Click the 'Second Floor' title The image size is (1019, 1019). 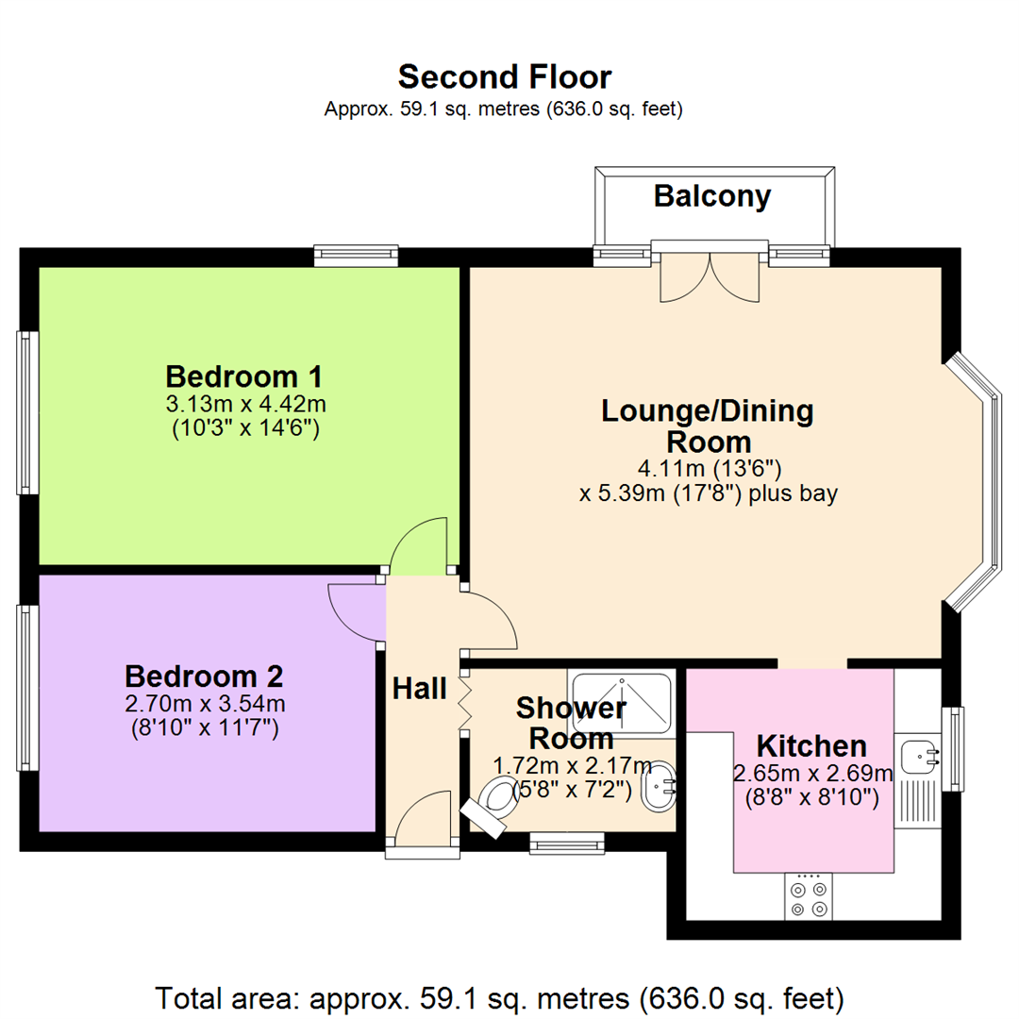(x=504, y=76)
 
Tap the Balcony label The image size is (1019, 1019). (x=712, y=196)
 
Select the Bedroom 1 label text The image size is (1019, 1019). (x=243, y=377)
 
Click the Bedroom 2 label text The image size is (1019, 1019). (x=204, y=677)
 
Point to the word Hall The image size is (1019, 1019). (x=419, y=690)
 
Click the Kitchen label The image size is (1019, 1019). (x=812, y=746)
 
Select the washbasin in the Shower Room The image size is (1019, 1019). (x=660, y=785)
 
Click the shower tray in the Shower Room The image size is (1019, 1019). (x=622, y=701)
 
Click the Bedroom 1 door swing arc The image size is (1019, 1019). (x=418, y=545)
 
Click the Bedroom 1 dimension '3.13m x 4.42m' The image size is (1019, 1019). (x=245, y=405)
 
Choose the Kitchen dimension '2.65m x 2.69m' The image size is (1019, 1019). (x=812, y=775)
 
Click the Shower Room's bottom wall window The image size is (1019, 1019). (x=566, y=842)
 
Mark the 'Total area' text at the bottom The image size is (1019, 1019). (x=499, y=996)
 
